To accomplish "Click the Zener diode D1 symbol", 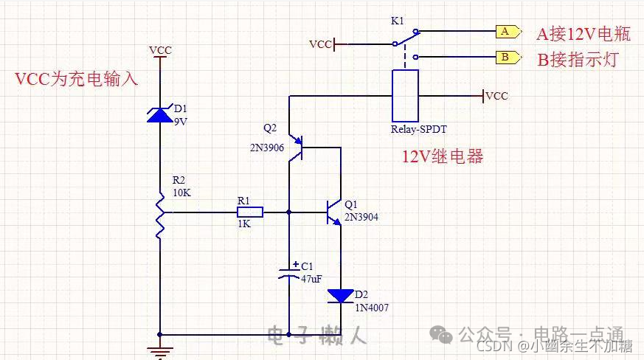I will (160, 115).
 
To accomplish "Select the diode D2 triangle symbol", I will (341, 297).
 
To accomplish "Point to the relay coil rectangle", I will (405, 95).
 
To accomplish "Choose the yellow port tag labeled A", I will (507, 32).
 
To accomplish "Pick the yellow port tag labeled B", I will (507, 57).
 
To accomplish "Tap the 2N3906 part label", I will (266, 147).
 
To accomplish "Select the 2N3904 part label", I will (361, 217).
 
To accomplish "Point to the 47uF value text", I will (311, 279).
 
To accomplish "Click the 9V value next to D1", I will (181, 122).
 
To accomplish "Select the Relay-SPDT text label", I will (419, 129).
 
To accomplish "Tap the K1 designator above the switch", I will (397, 21).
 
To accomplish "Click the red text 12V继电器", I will (442, 157).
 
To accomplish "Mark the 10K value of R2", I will (181, 192).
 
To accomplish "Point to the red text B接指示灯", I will (577, 60).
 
